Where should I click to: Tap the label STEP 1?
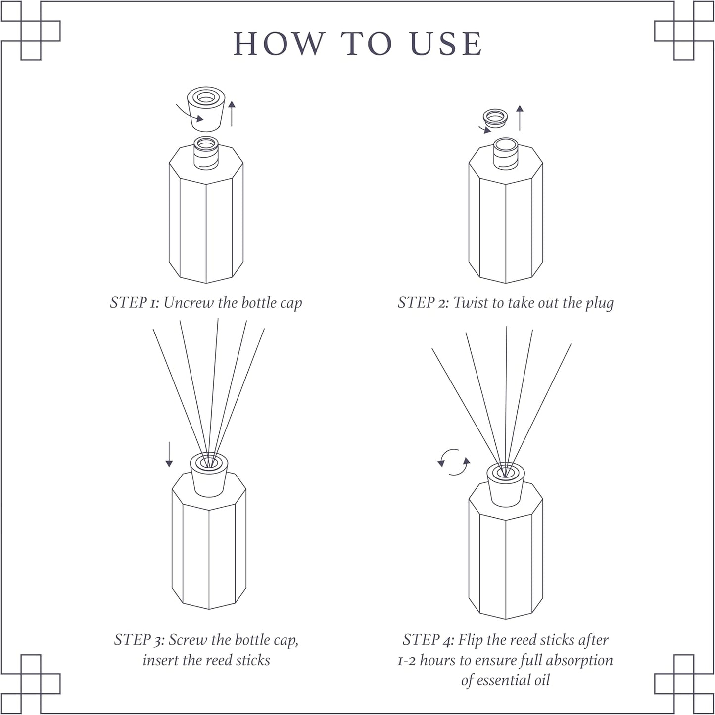(x=134, y=302)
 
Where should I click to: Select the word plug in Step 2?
(x=599, y=303)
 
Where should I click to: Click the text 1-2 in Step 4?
(x=407, y=661)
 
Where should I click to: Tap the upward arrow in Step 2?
(x=520, y=117)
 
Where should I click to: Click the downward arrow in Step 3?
(x=169, y=454)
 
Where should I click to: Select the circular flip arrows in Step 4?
(x=454, y=462)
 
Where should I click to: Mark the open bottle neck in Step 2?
(x=506, y=153)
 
